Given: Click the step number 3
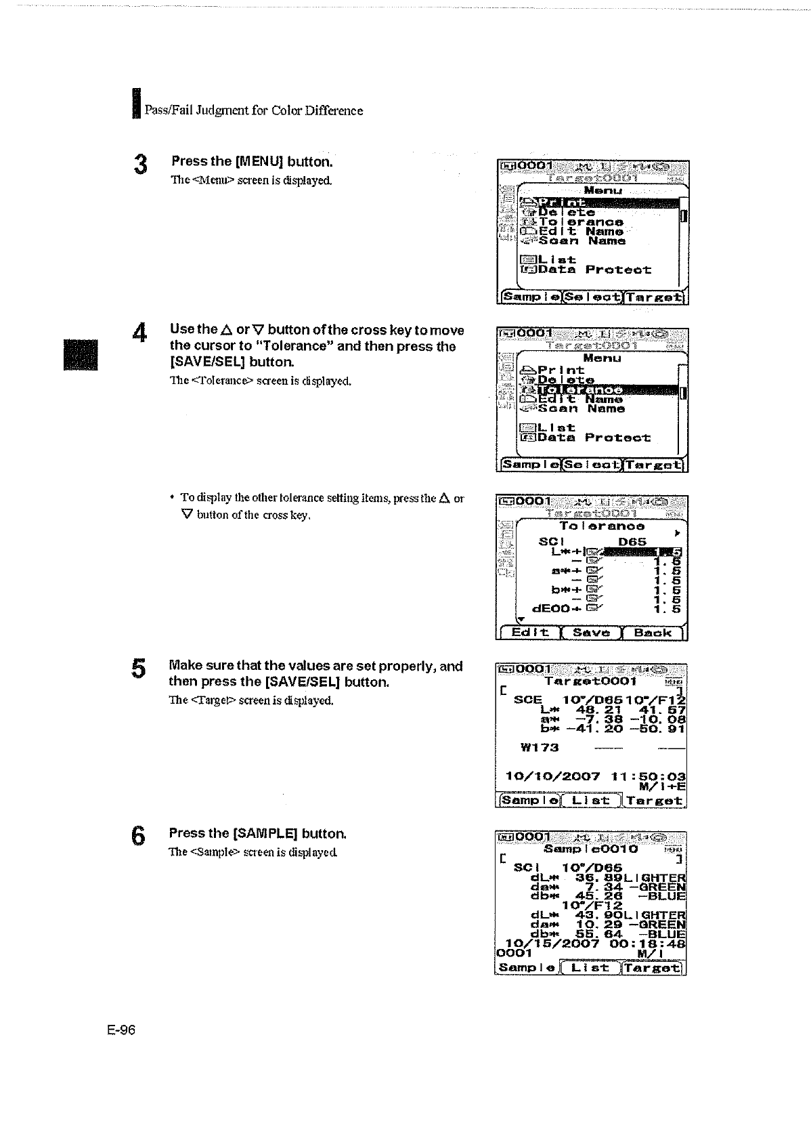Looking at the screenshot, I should (x=140, y=165).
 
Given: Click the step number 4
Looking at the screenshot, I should (x=140, y=333).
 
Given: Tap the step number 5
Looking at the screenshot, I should (x=139, y=669).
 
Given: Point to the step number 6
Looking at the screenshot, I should (x=138, y=837).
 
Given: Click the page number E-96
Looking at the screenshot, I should (x=121, y=1030).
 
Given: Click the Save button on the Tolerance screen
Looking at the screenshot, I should (x=591, y=633).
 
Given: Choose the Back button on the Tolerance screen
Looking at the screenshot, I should (x=653, y=633).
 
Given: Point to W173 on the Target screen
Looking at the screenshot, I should (x=540, y=748).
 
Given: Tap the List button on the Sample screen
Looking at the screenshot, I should (x=591, y=967).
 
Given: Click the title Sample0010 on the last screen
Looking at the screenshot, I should (x=590, y=849).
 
